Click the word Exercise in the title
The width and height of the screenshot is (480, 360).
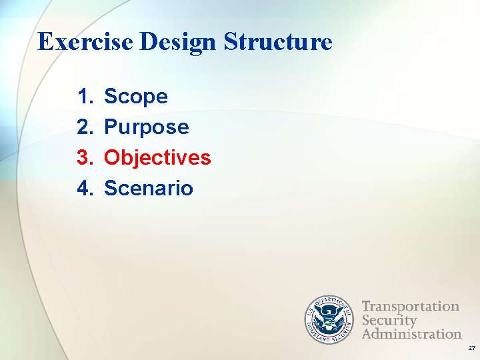pyautogui.click(x=87, y=42)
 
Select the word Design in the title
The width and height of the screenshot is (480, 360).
pyautogui.click(x=179, y=42)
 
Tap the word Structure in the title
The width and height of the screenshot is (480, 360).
pyautogui.click(x=278, y=42)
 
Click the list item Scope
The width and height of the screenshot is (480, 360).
pyautogui.click(x=136, y=97)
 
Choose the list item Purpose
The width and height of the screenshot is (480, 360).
pyautogui.click(x=147, y=127)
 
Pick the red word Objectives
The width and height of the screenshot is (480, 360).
pyautogui.click(x=157, y=158)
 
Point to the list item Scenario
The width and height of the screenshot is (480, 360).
pyautogui.click(x=149, y=189)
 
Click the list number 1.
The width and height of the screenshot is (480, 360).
pyautogui.click(x=84, y=97)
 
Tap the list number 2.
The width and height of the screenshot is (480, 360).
pyautogui.click(x=84, y=127)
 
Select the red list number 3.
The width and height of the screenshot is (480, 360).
pyautogui.click(x=84, y=158)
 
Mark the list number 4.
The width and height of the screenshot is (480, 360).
pyautogui.click(x=84, y=189)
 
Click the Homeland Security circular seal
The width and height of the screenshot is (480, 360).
pyautogui.click(x=329, y=319)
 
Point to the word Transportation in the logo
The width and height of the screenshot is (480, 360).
pyautogui.click(x=411, y=307)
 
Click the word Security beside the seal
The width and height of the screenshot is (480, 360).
pyautogui.click(x=389, y=320)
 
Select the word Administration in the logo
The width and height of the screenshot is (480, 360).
pyautogui.click(x=411, y=333)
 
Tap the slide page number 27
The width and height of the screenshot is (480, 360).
pyautogui.click(x=471, y=348)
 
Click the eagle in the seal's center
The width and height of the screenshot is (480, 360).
pyautogui.click(x=329, y=319)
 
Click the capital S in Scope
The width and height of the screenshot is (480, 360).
pyautogui.click(x=112, y=97)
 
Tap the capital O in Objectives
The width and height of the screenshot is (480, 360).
pyautogui.click(x=113, y=158)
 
